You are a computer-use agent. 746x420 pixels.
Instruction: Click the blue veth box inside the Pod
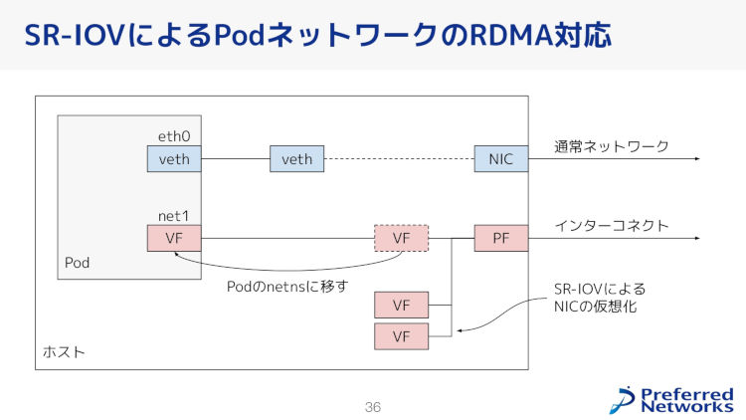tap(174, 158)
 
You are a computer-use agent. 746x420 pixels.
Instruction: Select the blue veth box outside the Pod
tap(296, 158)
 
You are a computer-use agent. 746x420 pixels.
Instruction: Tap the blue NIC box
tap(501, 158)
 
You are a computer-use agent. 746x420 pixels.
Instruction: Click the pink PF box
tap(501, 238)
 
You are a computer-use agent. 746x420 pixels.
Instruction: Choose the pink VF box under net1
tap(174, 238)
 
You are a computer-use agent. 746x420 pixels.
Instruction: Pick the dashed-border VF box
tap(401, 238)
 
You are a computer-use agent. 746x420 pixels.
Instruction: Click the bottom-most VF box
tap(401, 336)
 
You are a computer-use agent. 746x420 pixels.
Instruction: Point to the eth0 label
tap(174, 136)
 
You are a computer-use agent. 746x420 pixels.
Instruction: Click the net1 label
tap(174, 216)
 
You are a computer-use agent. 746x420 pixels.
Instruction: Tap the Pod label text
tap(77, 263)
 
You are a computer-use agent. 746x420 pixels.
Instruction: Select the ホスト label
tap(64, 352)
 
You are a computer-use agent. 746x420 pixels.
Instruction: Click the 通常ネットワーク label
tap(612, 146)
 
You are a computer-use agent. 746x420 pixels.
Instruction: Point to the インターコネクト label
tap(612, 225)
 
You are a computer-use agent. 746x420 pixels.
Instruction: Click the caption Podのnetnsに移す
tap(287, 287)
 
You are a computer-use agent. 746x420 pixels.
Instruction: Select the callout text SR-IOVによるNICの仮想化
tap(600, 298)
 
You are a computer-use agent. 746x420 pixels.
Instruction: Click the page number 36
tap(373, 407)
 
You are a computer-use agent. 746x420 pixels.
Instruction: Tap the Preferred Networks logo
tap(671, 400)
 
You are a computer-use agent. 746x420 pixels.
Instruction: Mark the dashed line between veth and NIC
tap(399, 158)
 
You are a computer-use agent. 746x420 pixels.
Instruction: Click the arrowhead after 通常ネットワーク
tap(697, 158)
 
